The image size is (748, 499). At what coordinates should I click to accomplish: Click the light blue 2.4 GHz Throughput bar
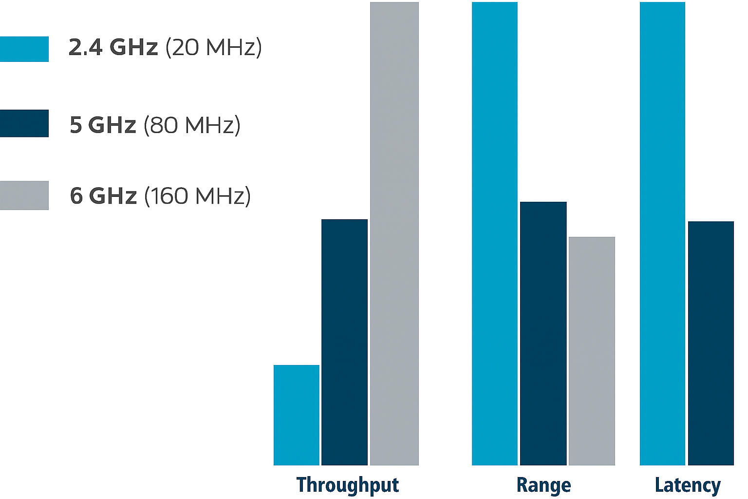pos(296,415)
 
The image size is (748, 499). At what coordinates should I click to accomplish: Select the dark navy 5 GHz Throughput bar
pos(344,342)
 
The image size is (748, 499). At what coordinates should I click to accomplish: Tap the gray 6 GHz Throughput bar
pos(394,234)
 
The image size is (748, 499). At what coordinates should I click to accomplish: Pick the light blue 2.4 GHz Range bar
pos(494,234)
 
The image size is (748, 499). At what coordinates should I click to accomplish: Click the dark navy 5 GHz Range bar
pos(543,333)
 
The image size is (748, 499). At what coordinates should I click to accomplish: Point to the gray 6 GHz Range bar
pos(592,351)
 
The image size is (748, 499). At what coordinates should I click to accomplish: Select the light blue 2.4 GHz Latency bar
pos(662,234)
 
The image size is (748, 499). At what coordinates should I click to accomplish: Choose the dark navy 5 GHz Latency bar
pos(711,343)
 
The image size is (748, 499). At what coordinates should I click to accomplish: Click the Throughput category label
pos(347,485)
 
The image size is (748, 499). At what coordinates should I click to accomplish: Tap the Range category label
pos(543,485)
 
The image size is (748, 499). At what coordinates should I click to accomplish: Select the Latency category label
pos(687,485)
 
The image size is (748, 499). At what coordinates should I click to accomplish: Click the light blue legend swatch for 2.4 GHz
pos(24,49)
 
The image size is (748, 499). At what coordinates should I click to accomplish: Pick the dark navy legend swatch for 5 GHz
pos(24,123)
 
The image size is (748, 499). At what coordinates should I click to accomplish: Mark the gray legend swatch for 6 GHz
pos(24,195)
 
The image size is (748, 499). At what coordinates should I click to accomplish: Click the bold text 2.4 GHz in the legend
pos(113,47)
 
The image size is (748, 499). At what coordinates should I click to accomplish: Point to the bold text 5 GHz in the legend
pos(103,125)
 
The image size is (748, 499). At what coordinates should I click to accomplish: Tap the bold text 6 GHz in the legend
pos(103,196)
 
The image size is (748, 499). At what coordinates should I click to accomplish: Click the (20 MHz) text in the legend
pos(214,47)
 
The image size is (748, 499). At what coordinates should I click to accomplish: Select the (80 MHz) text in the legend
pos(192,125)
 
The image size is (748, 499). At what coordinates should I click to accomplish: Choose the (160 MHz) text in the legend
pos(197,196)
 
